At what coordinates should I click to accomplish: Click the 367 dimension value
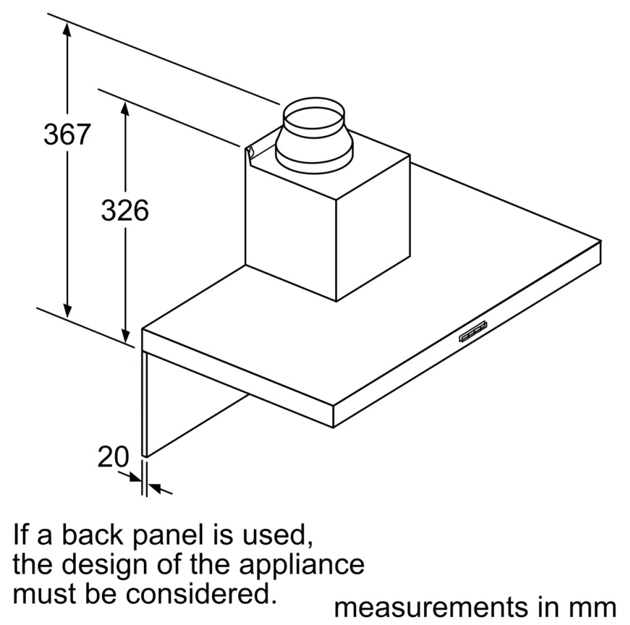[67, 134]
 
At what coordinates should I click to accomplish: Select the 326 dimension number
[125, 211]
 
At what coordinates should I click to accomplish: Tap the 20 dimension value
[113, 456]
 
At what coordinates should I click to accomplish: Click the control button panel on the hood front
[473, 331]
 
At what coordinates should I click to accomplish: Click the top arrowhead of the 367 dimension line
[67, 31]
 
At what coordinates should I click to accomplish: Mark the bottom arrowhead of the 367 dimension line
[67, 311]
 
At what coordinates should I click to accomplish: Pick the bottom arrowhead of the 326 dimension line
[126, 335]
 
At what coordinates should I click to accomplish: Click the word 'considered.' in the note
[201, 594]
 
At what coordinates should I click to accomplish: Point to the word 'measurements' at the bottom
[431, 607]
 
